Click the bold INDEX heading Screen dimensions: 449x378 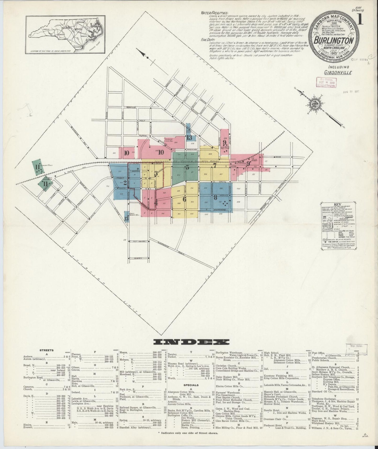click(191, 342)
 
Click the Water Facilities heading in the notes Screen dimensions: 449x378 click(214, 13)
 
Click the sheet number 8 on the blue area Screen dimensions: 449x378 click(216, 197)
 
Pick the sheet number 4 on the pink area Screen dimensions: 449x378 click(156, 202)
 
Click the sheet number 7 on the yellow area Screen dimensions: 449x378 click(215, 165)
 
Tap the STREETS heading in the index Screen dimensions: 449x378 click(47, 350)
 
